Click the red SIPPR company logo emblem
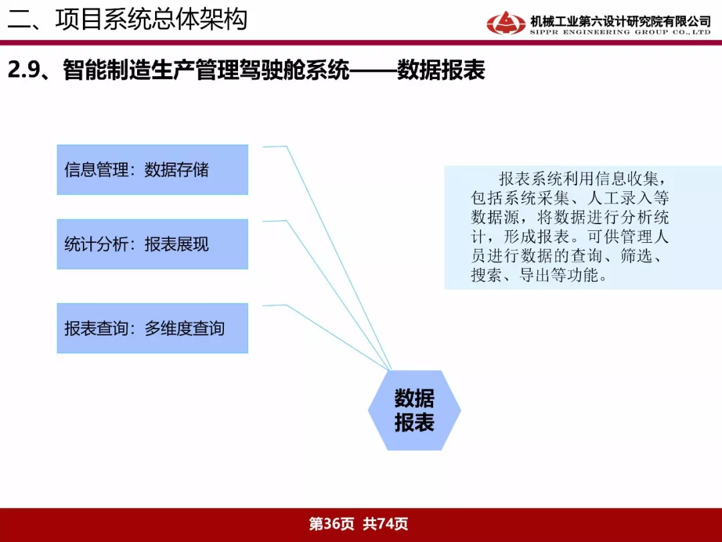pyautogui.click(x=505, y=23)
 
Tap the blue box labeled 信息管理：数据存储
pyautogui.click(x=152, y=169)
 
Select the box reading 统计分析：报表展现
pyautogui.click(x=152, y=244)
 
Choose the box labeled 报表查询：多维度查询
pyautogui.click(x=152, y=328)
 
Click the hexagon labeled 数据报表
pyautogui.click(x=414, y=410)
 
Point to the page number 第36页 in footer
pyautogui.click(x=332, y=524)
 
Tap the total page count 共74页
pyautogui.click(x=385, y=524)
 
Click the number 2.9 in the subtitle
pyautogui.click(x=23, y=70)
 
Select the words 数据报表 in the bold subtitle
pyautogui.click(x=441, y=70)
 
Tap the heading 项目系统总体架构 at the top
pyautogui.click(x=152, y=19)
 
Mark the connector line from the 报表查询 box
pyautogui.click(x=338, y=338)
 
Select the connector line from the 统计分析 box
pyautogui.click(x=339, y=296)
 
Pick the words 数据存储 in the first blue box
pyautogui.click(x=176, y=169)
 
